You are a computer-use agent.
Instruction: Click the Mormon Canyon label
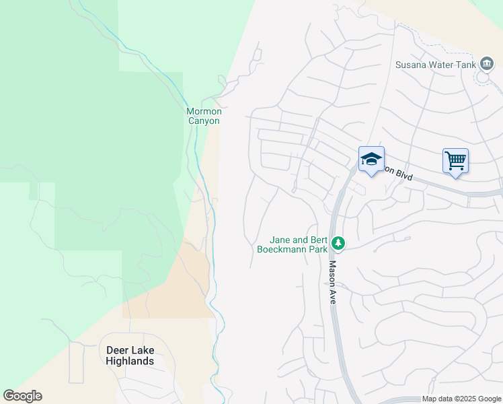click(x=203, y=116)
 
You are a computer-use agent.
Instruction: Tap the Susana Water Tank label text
click(x=436, y=65)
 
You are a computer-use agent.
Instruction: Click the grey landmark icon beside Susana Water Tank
click(x=486, y=65)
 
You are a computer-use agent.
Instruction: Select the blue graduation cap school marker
click(x=371, y=160)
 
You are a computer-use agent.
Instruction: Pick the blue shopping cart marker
click(x=455, y=161)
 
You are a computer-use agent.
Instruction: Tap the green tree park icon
click(x=340, y=243)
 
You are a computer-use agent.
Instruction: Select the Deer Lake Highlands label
click(x=130, y=356)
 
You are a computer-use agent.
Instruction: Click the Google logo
click(x=22, y=396)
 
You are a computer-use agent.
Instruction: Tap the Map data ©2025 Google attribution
click(x=461, y=399)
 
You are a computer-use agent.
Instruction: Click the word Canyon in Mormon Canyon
click(x=203, y=121)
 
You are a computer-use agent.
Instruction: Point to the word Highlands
click(x=130, y=361)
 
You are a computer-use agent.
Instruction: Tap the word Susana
click(x=411, y=65)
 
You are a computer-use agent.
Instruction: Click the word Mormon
click(x=203, y=111)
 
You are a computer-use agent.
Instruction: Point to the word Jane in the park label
click(x=280, y=239)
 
